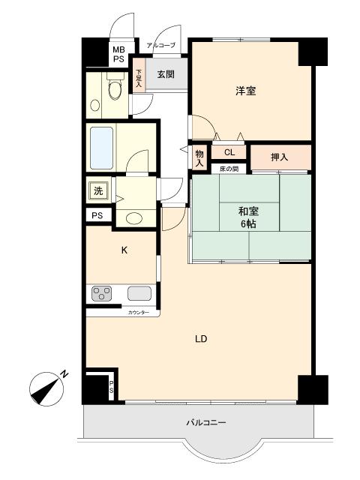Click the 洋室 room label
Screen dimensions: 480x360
(246, 91)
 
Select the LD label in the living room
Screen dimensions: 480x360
(200, 339)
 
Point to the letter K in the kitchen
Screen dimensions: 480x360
(125, 251)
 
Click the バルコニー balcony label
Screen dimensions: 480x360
(206, 423)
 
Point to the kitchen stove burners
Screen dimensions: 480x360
(102, 293)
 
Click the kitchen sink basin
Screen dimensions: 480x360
(139, 293)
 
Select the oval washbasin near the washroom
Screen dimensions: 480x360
(133, 218)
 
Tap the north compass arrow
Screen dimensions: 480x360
(47, 389)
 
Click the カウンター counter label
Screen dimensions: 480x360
(139, 311)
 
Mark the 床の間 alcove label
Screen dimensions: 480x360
(229, 169)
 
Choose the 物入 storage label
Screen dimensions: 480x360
(199, 155)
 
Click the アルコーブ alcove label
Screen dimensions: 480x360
(160, 46)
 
